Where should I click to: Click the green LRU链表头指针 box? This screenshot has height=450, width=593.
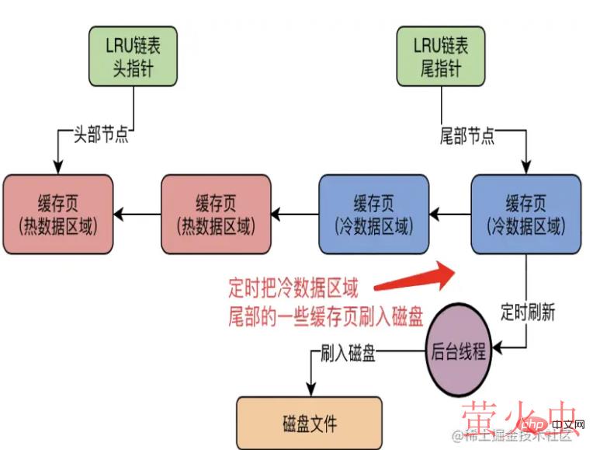(x=135, y=56)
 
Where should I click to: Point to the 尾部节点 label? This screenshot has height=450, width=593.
(x=467, y=137)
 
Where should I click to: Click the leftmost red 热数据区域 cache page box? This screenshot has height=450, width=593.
(x=58, y=213)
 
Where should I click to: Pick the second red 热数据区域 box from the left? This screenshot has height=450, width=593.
(x=216, y=213)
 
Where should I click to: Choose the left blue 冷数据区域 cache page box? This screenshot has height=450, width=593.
(x=373, y=213)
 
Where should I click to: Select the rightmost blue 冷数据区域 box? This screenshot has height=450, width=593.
(x=525, y=213)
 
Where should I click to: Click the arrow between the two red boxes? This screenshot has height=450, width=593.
(x=137, y=213)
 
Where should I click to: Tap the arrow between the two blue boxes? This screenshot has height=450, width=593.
(x=450, y=213)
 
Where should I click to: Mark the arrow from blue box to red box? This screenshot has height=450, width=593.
(x=295, y=213)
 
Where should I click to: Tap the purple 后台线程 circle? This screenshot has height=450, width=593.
(x=458, y=352)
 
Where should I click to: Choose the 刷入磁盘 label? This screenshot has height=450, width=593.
(x=348, y=354)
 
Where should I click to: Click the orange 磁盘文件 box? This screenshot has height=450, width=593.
(x=310, y=423)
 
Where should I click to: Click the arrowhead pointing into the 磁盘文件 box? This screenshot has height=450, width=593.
(x=310, y=392)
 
